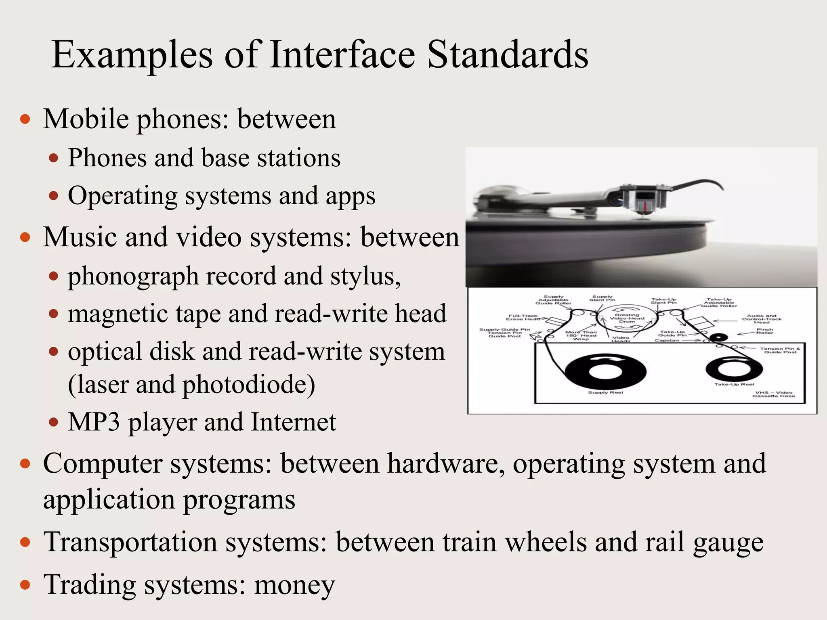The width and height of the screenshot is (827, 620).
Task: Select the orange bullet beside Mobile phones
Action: point(25,119)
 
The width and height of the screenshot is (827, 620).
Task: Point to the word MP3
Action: point(94,422)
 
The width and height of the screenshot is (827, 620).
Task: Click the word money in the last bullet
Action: point(294,584)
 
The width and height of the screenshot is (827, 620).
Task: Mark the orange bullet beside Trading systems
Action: point(25,585)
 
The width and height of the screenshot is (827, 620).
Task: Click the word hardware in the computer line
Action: point(446,463)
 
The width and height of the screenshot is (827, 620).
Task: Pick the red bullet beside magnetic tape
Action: point(54,314)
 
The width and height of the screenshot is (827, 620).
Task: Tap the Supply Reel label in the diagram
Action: point(605,392)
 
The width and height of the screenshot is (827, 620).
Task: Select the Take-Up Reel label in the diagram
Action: point(734,384)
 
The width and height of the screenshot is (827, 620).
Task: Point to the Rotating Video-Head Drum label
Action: point(627,318)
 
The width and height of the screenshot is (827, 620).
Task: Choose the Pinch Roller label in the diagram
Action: point(764,331)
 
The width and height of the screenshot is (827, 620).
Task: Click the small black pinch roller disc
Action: point(718,337)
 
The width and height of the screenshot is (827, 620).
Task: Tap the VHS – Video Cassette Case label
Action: point(773,394)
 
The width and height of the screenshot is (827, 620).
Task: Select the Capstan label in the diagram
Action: point(667,340)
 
